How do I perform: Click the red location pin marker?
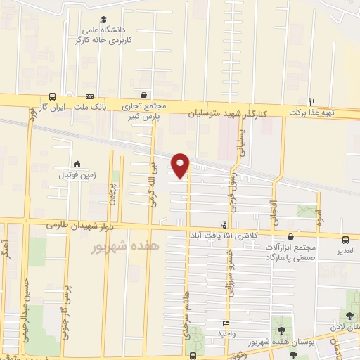[x=181, y=165]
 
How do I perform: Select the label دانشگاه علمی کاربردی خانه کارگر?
[x=103, y=35]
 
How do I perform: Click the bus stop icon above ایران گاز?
[x=53, y=97]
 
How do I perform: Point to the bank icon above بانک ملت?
[x=89, y=97]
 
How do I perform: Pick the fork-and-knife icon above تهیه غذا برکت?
[x=313, y=101]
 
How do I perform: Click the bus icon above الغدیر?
[x=345, y=239]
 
